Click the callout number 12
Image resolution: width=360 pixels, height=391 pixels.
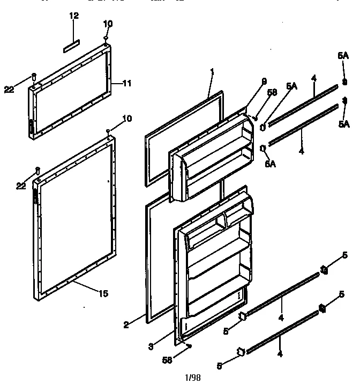[x=74, y=16]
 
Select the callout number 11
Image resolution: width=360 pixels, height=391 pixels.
[x=127, y=83]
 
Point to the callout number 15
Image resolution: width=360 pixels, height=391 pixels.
[x=103, y=293]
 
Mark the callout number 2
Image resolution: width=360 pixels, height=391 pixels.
[x=126, y=324]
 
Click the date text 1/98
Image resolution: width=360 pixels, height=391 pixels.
[x=192, y=377]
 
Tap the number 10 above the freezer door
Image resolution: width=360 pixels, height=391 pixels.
[x=108, y=24]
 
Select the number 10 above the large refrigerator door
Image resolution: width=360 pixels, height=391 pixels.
[x=126, y=119]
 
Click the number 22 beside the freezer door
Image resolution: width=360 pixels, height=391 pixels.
[x=9, y=90]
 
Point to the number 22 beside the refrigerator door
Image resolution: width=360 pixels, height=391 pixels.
[x=21, y=186]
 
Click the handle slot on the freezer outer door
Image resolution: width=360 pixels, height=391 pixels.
[x=31, y=127]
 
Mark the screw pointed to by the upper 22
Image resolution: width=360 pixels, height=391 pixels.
[x=34, y=76]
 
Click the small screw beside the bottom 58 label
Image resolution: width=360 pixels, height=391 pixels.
[x=189, y=347]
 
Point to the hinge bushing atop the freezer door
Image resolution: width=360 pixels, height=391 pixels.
[x=106, y=39]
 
